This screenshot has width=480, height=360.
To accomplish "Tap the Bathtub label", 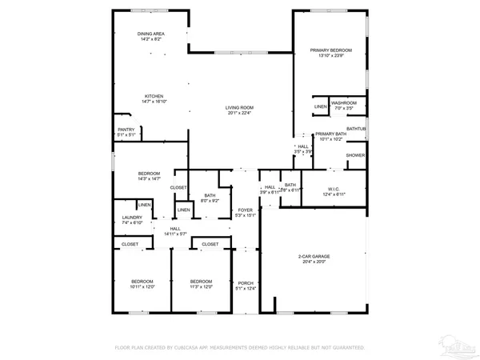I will coord(356,129).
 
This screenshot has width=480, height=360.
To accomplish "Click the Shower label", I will coord(355,155).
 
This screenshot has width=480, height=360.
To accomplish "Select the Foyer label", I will coord(245,212).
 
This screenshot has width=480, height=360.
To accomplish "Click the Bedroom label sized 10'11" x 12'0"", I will coord(142,283).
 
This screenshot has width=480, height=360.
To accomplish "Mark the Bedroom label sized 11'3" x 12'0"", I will coord(201,283).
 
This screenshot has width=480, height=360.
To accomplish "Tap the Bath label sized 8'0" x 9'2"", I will coord(210,198).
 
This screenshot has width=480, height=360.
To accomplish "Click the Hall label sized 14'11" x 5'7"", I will coord(175,230).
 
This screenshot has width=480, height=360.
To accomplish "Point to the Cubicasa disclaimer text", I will coord(240,348).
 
